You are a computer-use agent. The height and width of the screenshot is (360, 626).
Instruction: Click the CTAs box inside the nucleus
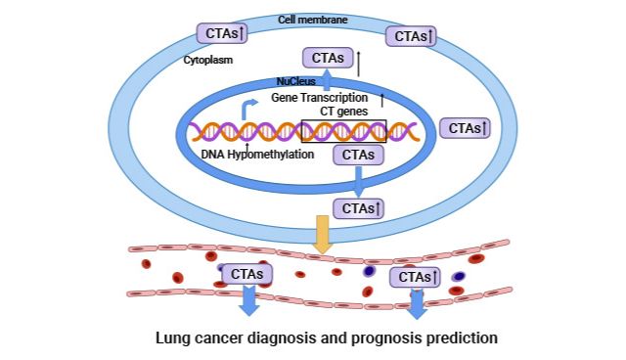pyautogui.click(x=358, y=154)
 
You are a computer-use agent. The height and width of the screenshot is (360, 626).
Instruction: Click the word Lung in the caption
pyautogui.click(x=174, y=338)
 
